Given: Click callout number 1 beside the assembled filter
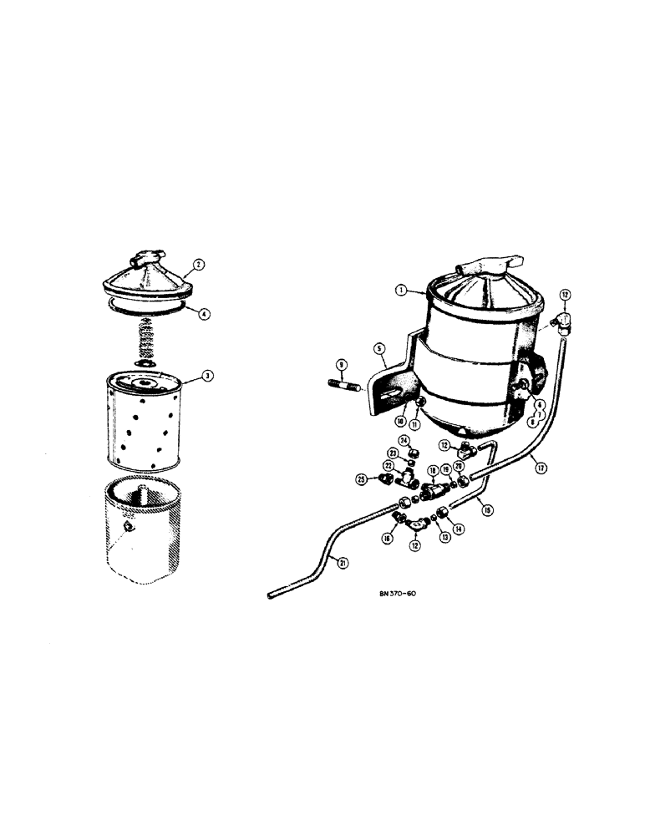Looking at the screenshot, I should click(x=401, y=291).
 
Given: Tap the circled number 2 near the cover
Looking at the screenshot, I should click(x=199, y=266).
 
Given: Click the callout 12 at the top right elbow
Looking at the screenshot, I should click(x=566, y=294).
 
